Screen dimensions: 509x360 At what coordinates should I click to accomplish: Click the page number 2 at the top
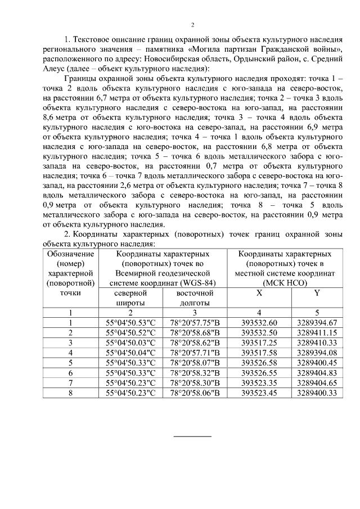click(x=192, y=25)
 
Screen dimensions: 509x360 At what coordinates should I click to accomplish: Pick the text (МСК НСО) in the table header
click(x=286, y=282)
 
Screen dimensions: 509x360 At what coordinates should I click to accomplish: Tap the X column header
click(x=259, y=293)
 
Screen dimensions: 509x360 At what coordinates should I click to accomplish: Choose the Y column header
click(x=317, y=293)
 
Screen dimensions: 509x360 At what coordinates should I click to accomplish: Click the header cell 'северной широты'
click(x=130, y=298)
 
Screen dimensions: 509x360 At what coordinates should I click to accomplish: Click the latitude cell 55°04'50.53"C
click(x=130, y=322)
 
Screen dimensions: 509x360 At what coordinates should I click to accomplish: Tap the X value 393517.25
click(x=259, y=342)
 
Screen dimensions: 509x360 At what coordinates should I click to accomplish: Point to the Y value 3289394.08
click(x=317, y=352)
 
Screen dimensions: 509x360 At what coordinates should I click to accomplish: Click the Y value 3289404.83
click(x=317, y=372)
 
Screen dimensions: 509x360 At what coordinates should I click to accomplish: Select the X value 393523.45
click(x=259, y=393)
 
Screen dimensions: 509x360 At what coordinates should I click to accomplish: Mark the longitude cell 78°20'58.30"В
click(x=195, y=382)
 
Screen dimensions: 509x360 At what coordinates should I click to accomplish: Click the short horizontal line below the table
click(x=192, y=436)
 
